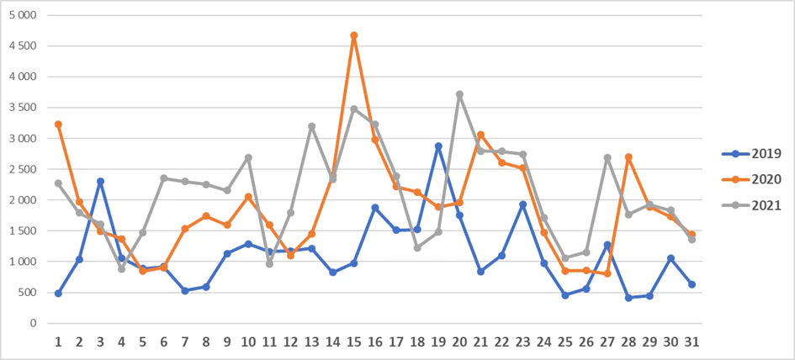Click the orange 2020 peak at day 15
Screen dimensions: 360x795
pos(353,35)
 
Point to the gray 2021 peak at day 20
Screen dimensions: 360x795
pos(459,94)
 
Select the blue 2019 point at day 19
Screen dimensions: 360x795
pos(438,146)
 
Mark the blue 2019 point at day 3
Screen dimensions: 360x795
pos(100,181)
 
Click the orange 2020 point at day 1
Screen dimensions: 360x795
pos(58,124)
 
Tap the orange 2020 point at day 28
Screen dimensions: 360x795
pos(628,157)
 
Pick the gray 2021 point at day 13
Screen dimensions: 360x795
pos(311,126)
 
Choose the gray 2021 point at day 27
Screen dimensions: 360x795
pos(607,157)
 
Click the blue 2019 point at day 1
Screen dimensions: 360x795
pos(58,294)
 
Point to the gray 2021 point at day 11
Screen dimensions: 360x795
pos(269,264)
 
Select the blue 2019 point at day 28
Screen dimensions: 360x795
pos(628,298)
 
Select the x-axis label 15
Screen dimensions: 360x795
pos(353,343)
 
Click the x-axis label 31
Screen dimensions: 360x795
pos(692,343)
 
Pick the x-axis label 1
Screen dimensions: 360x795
pos(58,343)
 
